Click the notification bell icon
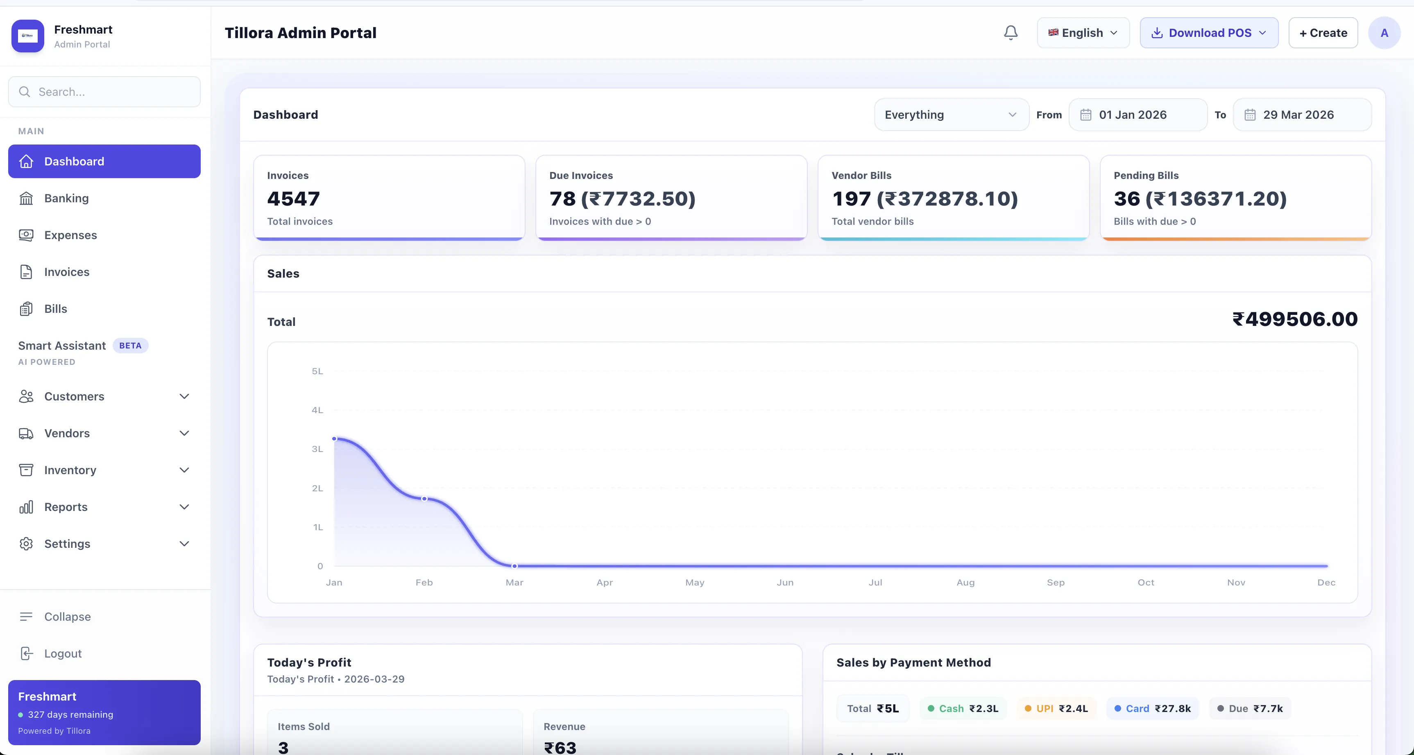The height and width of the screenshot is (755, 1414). click(1011, 33)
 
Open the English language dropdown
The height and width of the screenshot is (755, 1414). click(1083, 33)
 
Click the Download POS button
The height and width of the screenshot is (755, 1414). click(1209, 33)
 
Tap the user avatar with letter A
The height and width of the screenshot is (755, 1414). click(1384, 33)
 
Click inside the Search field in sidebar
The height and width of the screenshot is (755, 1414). click(104, 92)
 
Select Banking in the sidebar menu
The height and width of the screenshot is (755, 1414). click(66, 198)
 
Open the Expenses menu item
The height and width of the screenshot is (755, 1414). click(70, 235)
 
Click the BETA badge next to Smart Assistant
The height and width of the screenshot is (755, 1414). click(130, 346)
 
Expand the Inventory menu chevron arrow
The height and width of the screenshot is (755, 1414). click(184, 470)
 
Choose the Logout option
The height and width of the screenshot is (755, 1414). click(63, 653)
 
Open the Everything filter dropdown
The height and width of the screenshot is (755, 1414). click(951, 115)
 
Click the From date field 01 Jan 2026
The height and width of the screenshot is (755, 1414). click(1138, 115)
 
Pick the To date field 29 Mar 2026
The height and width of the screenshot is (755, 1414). click(1301, 115)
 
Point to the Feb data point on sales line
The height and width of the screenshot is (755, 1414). click(424, 499)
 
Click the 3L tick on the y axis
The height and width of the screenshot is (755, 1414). click(317, 449)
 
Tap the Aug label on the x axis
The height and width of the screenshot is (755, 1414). click(965, 582)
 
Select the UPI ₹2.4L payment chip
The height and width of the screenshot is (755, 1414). click(1056, 708)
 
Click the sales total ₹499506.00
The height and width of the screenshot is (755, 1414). click(1295, 319)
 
